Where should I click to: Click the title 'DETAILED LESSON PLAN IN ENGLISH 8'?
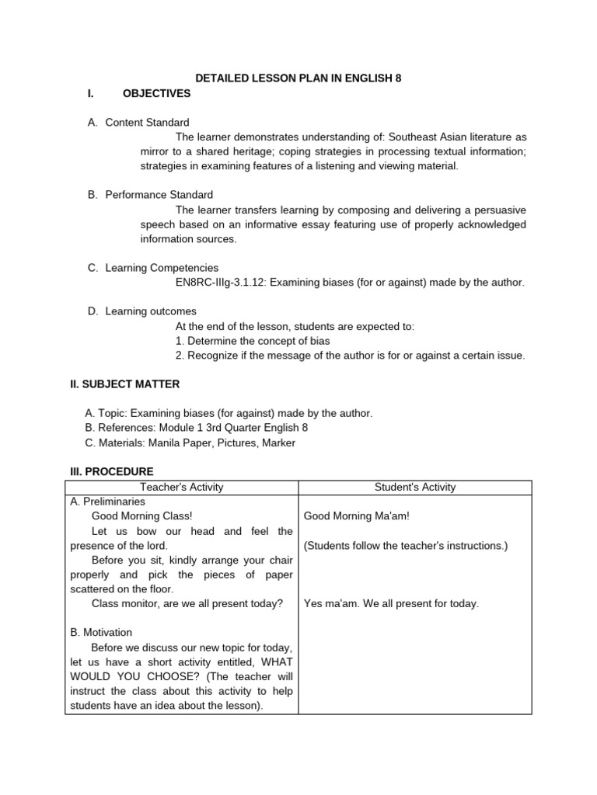[298, 78]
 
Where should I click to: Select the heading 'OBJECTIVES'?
[156, 93]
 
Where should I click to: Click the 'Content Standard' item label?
[147, 123]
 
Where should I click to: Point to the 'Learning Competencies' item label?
[162, 268]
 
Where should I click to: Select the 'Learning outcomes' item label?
[151, 311]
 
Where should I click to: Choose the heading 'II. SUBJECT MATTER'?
[125, 384]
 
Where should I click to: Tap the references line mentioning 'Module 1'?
[201, 428]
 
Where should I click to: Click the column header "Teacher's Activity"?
[181, 487]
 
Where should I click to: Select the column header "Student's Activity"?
[415, 487]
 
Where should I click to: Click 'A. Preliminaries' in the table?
[107, 502]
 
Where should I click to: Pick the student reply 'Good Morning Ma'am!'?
[356, 516]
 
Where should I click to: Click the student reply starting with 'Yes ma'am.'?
[391, 603]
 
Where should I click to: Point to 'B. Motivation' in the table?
[101, 632]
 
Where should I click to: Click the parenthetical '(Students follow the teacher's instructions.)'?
[405, 545]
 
